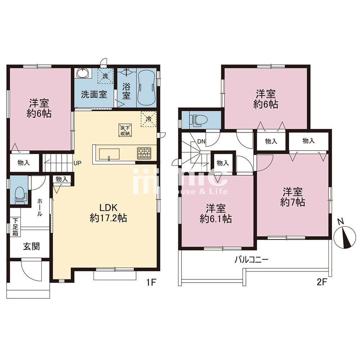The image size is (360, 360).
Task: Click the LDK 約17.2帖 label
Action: [108, 213]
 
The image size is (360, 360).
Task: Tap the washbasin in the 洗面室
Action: [83, 73]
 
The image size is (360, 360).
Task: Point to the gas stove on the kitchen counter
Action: [144, 153]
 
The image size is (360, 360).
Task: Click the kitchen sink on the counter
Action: [109, 154]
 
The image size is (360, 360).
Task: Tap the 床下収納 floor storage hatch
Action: [125, 130]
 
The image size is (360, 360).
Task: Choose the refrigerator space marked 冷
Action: [149, 119]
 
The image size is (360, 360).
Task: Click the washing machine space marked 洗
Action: [105, 76]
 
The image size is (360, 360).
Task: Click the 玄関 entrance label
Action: [31, 246]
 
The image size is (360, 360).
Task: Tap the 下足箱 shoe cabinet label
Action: [15, 227]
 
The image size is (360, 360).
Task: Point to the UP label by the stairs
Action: [77, 163]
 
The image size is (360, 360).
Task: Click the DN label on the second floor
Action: [201, 141]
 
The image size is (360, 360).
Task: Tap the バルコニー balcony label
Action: [251, 260]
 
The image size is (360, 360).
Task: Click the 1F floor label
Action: [151, 282]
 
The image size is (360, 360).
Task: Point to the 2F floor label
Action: [321, 282]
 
